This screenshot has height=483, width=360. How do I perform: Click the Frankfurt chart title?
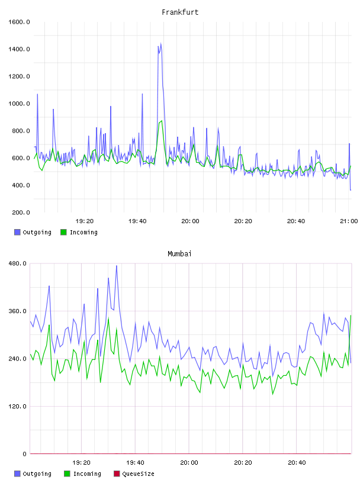(180, 12)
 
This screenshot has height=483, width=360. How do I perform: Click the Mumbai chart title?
(179, 253)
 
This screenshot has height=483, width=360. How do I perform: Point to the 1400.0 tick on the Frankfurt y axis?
(19, 49)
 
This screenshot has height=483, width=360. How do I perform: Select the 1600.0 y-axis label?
(19, 22)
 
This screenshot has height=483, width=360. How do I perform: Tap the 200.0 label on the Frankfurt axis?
(21, 212)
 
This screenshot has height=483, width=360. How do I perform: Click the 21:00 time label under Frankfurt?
(349, 221)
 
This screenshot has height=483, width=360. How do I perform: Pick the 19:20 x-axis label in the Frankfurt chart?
(85, 221)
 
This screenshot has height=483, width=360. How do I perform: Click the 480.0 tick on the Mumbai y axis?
(18, 263)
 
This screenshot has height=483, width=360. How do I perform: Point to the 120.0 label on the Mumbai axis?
(18, 406)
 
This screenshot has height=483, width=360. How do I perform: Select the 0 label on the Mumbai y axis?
(24, 454)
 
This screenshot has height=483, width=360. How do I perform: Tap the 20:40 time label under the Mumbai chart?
(297, 463)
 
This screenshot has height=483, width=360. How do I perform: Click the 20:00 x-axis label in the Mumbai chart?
(189, 463)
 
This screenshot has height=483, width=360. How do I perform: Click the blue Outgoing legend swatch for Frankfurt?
(17, 232)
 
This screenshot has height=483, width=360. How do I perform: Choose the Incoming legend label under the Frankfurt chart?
(83, 232)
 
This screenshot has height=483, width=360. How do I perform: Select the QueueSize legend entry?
(138, 474)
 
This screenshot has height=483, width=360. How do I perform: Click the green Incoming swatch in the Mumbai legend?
(67, 474)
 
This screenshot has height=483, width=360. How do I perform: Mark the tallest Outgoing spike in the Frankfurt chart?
(160, 43)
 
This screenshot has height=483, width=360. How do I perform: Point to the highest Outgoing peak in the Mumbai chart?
(117, 266)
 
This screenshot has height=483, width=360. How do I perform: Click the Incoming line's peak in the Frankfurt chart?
(162, 121)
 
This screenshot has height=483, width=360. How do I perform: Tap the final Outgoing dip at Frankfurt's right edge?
(351, 190)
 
